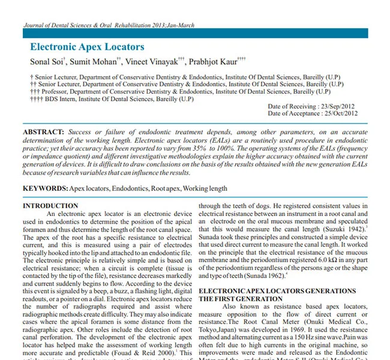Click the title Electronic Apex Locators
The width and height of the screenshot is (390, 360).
coord(87,46)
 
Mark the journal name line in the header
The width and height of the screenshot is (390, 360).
coord(109,26)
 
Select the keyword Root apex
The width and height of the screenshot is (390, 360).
coord(165,188)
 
